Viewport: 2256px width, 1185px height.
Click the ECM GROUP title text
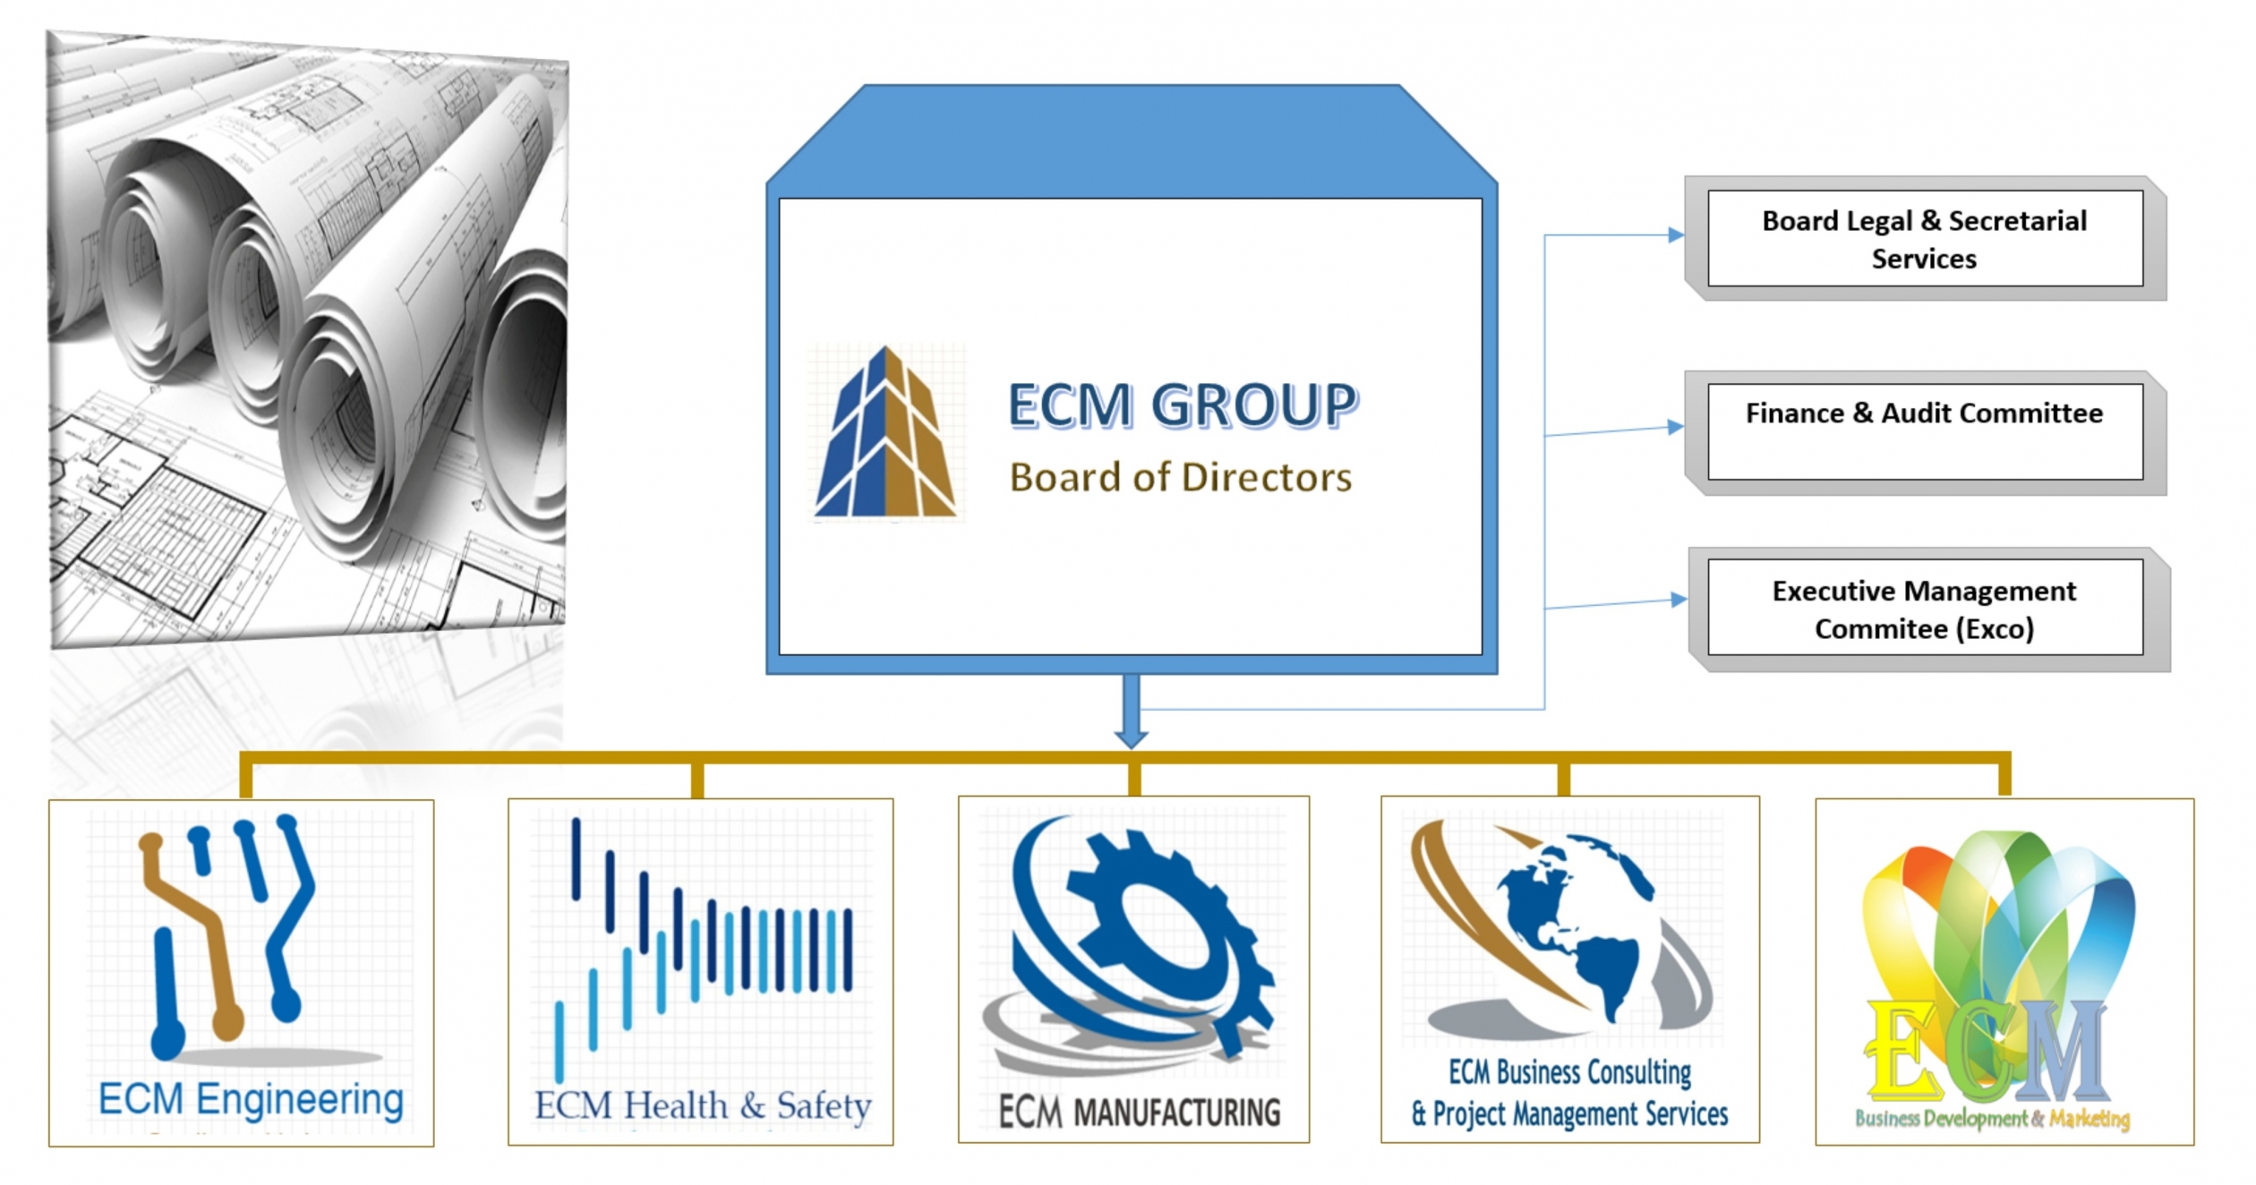click(x=1182, y=405)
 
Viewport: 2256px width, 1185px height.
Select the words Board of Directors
click(x=1180, y=478)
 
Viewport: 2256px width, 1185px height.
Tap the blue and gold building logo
click(x=884, y=433)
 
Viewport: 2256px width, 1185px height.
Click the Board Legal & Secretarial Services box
click(x=1924, y=239)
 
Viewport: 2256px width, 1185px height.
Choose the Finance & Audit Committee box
click(x=1924, y=431)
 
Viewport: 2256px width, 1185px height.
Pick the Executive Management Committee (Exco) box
click(x=1924, y=608)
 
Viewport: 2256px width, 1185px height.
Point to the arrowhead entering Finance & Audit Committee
click(x=1675, y=428)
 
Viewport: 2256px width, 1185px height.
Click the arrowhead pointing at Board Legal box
click(x=1675, y=235)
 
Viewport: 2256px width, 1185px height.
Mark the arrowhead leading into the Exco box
click(x=1679, y=600)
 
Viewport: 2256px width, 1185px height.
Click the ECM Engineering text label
click(x=251, y=1099)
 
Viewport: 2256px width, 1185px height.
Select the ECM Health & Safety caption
click(x=703, y=1106)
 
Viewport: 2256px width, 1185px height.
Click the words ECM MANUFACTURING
click(x=1139, y=1113)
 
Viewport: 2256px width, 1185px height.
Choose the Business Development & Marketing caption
click(x=1992, y=1119)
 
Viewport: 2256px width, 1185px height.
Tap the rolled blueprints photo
click(x=309, y=340)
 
